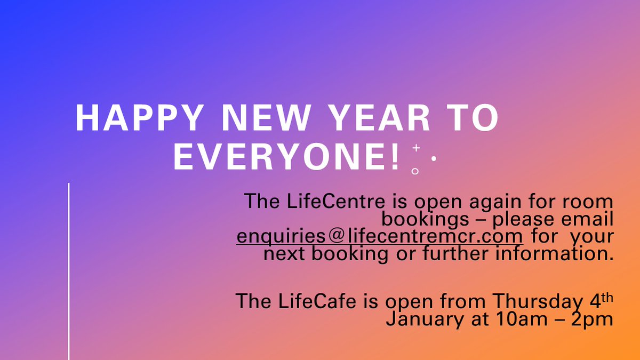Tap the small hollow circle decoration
[415, 171]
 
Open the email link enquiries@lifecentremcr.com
[380, 236]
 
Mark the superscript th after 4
[606, 295]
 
